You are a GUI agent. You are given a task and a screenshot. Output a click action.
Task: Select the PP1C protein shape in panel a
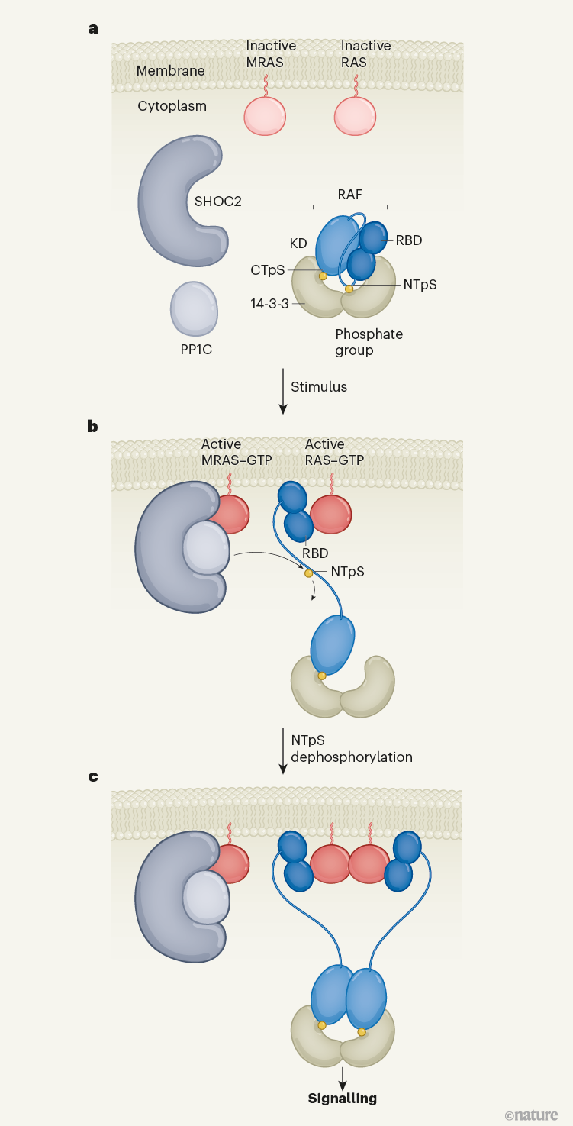pyautogui.click(x=194, y=308)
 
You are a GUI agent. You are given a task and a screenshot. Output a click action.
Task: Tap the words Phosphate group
pyautogui.click(x=369, y=342)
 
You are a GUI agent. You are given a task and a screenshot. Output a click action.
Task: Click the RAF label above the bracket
pyautogui.click(x=349, y=195)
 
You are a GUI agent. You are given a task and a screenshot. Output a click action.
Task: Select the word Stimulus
pyautogui.click(x=319, y=387)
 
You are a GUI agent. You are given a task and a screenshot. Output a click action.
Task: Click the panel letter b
pyautogui.click(x=93, y=426)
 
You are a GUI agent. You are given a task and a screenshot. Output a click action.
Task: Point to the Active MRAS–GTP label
pyautogui.click(x=232, y=451)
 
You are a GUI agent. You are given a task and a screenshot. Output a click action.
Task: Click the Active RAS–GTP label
pyautogui.click(x=334, y=451)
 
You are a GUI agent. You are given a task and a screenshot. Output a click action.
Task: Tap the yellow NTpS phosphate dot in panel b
pyautogui.click(x=308, y=573)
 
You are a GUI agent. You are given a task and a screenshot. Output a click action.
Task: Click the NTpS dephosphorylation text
pyautogui.click(x=351, y=748)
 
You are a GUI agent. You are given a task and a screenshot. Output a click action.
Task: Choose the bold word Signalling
pyautogui.click(x=343, y=1099)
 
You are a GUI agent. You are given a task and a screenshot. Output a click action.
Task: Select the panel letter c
pyautogui.click(x=93, y=777)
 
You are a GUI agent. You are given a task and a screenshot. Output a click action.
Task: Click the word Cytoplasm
pyautogui.click(x=172, y=106)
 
